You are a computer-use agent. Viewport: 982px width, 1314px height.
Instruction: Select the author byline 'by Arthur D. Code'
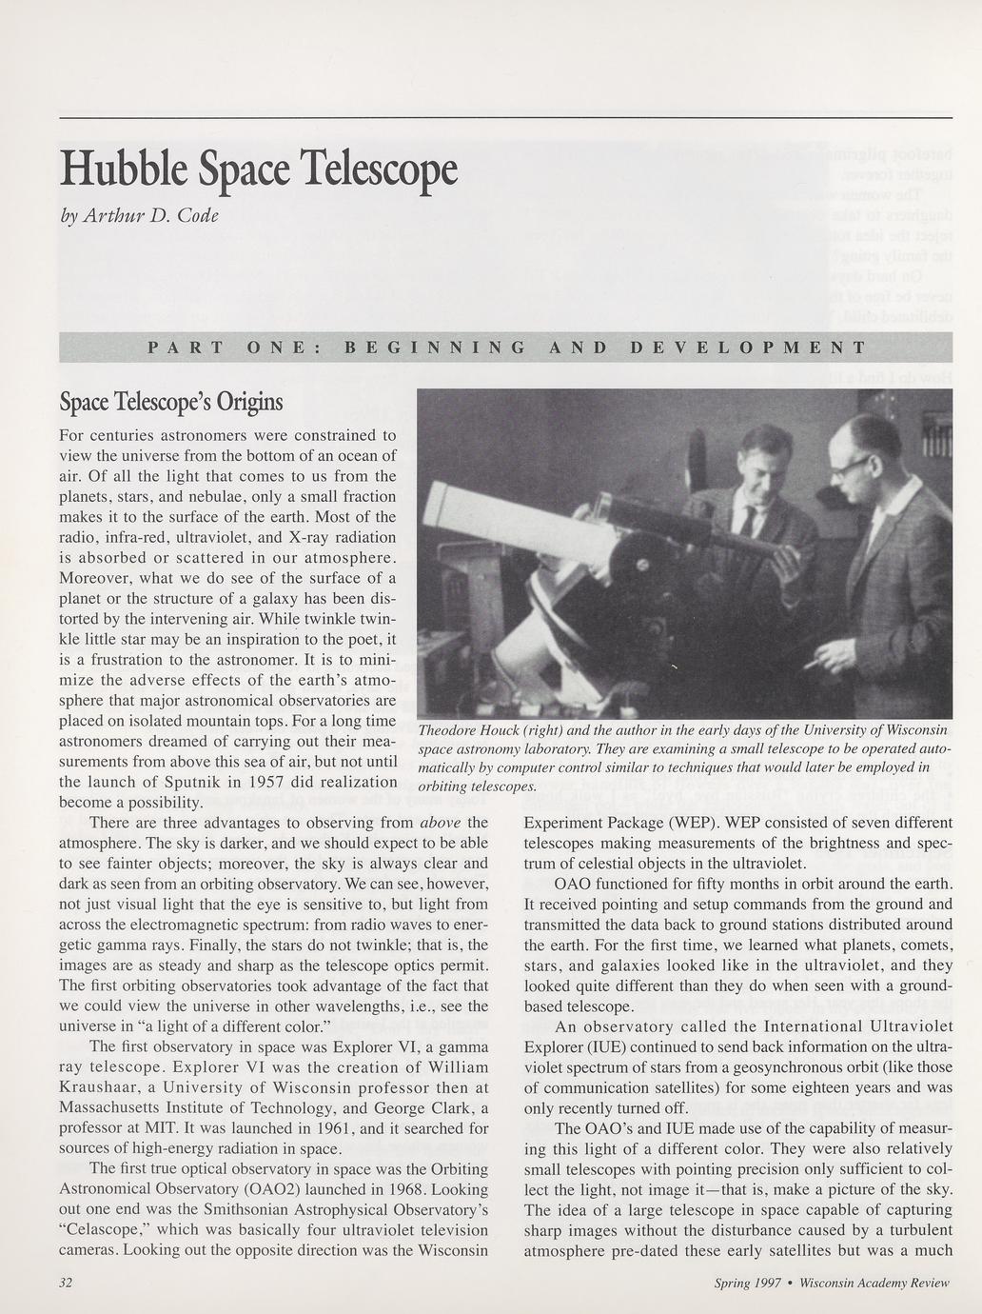click(x=139, y=215)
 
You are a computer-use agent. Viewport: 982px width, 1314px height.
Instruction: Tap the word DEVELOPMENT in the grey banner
click(x=748, y=348)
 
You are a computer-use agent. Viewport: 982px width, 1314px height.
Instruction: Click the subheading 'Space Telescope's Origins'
click(x=171, y=402)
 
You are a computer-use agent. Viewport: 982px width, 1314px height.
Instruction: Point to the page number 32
click(x=67, y=1282)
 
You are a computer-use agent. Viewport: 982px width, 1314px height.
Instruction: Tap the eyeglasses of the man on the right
click(x=854, y=465)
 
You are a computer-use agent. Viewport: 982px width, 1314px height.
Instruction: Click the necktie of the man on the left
click(x=748, y=521)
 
